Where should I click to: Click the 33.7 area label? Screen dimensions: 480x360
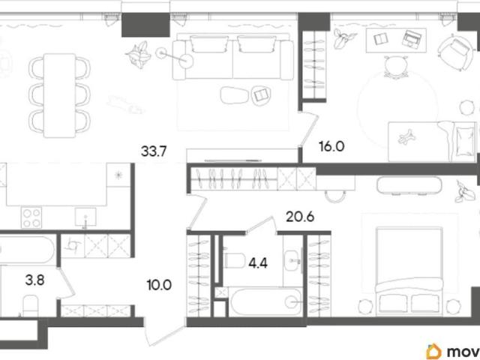coord(154,151)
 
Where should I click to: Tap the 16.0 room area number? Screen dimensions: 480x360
coord(331,146)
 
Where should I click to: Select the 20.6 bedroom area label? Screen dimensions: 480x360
coord(300,217)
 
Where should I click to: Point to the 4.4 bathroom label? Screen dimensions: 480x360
coord(258,263)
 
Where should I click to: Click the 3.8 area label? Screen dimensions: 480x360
coord(35,280)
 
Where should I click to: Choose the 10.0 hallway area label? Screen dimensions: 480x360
coord(159,285)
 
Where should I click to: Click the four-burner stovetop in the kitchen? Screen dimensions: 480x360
coord(31,217)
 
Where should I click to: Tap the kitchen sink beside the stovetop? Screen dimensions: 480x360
coord(85,217)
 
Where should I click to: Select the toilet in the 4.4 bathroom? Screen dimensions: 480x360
coord(235,260)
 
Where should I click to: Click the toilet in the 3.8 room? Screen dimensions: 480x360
coord(30,305)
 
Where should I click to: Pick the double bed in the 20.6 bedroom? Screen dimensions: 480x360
coord(409,271)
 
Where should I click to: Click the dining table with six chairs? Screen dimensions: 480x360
coord(60,95)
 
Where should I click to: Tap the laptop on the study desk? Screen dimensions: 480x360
coord(412,38)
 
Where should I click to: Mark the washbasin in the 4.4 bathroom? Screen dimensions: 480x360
coord(292,260)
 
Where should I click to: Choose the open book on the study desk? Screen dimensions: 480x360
coord(381,39)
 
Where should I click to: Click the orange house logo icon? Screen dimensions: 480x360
coord(434,352)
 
